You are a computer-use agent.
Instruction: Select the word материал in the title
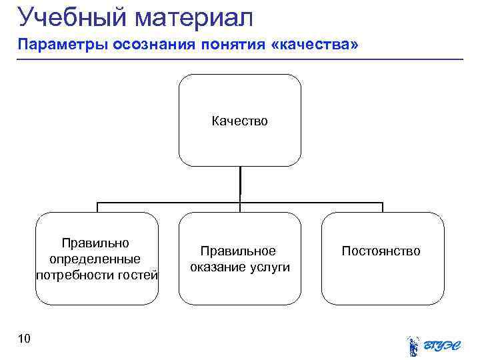(195, 17)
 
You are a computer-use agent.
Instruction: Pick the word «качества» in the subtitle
(321, 45)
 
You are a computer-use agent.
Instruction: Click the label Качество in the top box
(239, 121)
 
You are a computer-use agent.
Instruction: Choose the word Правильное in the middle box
(239, 251)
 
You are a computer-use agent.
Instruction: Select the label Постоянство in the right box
(381, 251)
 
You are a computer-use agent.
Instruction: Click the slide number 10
(24, 340)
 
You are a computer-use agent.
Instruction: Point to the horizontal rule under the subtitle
(240, 59)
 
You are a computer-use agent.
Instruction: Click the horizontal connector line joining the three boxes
(167, 202)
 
